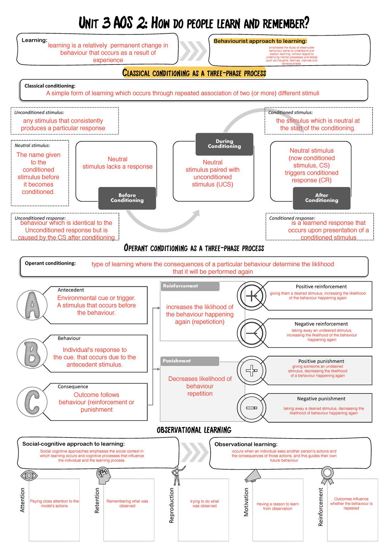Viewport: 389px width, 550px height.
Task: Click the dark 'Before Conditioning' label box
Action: pos(127,198)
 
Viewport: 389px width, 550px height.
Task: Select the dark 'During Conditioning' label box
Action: pos(224,144)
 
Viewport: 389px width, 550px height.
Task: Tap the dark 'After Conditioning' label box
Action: pos(322,198)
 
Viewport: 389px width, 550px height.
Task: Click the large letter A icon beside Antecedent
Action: pos(32,305)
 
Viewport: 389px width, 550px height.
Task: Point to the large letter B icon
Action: pos(32,354)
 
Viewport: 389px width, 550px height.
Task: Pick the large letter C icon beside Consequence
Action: pos(32,402)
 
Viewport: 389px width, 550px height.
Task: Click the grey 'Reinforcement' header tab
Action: pos(190,286)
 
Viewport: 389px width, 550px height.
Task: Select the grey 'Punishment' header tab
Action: pos(190,361)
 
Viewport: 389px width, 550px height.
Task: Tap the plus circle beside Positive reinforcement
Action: pos(252,296)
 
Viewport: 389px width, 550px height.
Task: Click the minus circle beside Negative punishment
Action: pos(252,408)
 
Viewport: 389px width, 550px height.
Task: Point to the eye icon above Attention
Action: pos(29,475)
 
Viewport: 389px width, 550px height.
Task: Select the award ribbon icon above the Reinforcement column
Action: pos(327,475)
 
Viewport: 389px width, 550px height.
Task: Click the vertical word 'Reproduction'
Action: pos(172,505)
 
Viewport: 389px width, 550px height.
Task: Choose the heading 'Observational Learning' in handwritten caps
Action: pos(194,430)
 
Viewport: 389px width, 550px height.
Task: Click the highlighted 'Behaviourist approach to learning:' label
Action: pos(260,41)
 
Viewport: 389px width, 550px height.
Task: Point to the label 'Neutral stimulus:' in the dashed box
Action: pos(32,146)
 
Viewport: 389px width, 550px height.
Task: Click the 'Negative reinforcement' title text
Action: pos(321,324)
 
